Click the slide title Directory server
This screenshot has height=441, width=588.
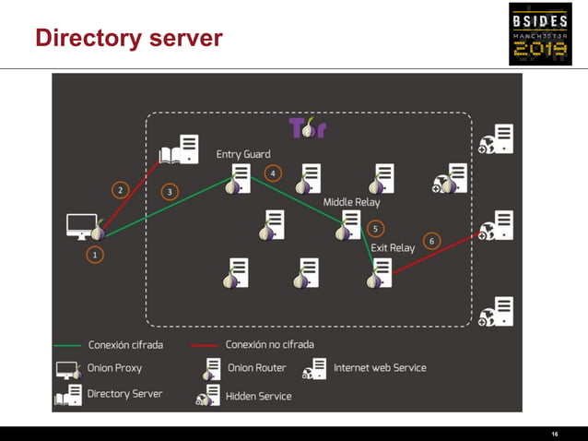[x=129, y=38]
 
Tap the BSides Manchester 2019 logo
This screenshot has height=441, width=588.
[x=540, y=34]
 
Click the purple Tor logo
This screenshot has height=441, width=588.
[x=308, y=127]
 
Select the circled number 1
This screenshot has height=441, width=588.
[x=95, y=255]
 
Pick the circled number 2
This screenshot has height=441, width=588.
[x=121, y=190]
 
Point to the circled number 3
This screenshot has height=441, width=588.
[x=170, y=192]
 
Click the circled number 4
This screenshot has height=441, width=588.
[x=273, y=173]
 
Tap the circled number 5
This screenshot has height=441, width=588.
[x=375, y=229]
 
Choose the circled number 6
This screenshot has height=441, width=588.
[x=431, y=242]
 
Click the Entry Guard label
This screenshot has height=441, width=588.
[x=243, y=154]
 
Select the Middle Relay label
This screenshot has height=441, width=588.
[x=351, y=202]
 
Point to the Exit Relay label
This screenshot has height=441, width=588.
[x=393, y=248]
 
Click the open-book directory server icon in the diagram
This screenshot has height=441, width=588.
[x=179, y=149]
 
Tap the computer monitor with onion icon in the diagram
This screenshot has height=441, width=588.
[x=86, y=227]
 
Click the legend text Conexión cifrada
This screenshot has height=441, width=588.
[x=125, y=345]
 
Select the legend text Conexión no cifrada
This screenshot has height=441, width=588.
[x=270, y=344]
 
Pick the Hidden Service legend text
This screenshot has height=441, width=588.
[x=258, y=397]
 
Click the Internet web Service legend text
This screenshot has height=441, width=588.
[x=380, y=368]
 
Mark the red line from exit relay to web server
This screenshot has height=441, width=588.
[x=437, y=254]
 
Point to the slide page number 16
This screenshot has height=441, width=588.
[x=555, y=434]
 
